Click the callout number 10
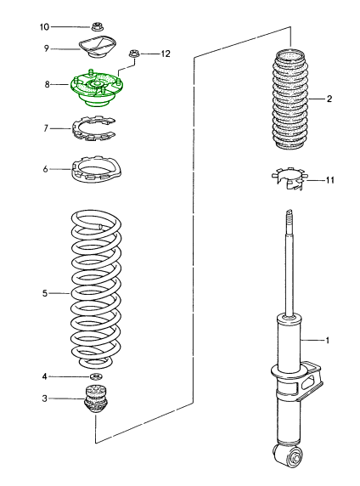tap(44, 27)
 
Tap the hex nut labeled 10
tap(98, 26)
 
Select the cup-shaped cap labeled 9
tap(97, 47)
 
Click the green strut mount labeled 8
tap(97, 88)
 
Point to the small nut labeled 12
tap(134, 54)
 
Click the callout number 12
tap(166, 54)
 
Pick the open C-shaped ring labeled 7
tap(93, 128)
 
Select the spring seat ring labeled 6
tap(96, 170)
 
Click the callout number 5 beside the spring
tap(45, 293)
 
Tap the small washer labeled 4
tap(96, 377)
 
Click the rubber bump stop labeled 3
tap(96, 398)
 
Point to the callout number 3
tap(45, 398)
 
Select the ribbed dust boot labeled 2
tap(290, 99)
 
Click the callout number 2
tap(329, 99)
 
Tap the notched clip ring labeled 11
tap(290, 178)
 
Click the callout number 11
tap(329, 180)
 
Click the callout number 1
tap(328, 341)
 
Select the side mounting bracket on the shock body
tap(311, 381)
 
